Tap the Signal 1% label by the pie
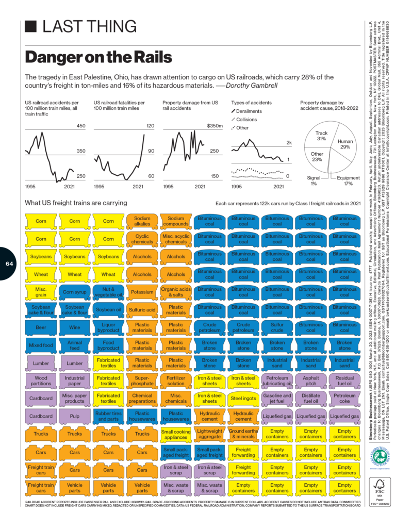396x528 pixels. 313,180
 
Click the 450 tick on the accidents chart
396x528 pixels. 81,126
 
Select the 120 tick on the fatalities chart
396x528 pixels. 150,126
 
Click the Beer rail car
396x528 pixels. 41,327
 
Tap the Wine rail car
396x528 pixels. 75,327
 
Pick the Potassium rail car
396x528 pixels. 142,291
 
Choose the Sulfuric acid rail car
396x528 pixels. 142,309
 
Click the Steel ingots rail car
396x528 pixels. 243,399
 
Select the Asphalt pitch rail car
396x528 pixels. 310,381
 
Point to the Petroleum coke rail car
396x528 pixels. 344,399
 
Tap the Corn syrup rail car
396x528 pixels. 75,292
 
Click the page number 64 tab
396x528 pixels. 9,263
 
